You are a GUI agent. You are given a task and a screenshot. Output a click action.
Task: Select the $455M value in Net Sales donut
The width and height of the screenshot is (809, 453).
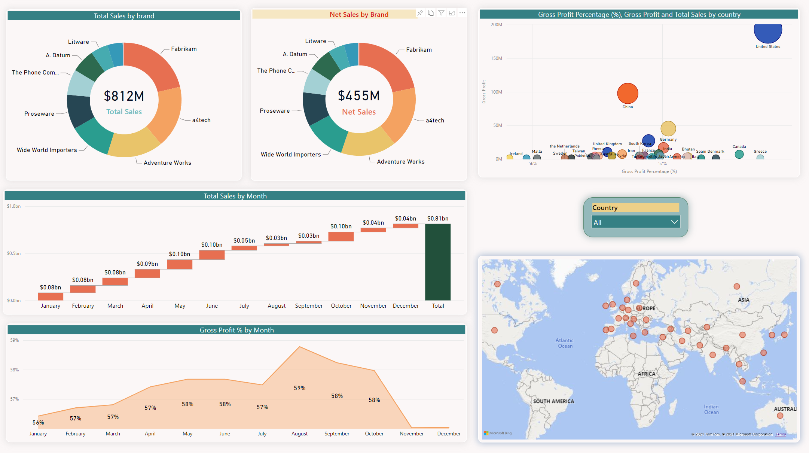[359, 96]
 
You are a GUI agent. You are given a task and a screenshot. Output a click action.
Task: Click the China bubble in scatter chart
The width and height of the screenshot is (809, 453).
[628, 94]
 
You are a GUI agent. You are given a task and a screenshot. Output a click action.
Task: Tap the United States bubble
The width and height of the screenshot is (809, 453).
[768, 32]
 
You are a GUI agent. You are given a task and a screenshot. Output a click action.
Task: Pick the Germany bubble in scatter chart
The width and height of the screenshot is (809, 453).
[668, 129]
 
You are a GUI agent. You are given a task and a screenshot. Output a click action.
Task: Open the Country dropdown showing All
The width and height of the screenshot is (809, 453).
[635, 222]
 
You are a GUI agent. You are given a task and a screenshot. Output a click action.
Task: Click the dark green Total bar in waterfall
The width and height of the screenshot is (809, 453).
[438, 262]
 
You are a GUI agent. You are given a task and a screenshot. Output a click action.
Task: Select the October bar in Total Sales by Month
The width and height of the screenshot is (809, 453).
[341, 236]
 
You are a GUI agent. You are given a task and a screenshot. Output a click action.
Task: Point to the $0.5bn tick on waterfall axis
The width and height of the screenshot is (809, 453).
[14, 253]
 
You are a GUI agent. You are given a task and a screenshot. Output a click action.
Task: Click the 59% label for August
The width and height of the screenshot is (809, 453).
[299, 388]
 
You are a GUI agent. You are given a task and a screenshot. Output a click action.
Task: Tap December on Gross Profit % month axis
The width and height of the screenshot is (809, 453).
[449, 434]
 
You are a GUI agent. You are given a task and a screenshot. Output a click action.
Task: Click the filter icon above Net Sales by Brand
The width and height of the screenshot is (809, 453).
[442, 13]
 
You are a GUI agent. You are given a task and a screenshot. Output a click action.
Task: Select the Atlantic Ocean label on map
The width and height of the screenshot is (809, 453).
[565, 343]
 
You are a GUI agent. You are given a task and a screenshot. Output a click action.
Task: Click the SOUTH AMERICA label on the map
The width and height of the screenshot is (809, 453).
[553, 401]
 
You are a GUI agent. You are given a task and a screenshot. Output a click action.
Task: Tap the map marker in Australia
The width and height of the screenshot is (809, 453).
[780, 416]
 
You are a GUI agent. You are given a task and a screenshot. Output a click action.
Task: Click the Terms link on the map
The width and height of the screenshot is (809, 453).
[781, 434]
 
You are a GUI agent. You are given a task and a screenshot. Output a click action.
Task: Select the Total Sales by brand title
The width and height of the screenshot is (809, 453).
[124, 16]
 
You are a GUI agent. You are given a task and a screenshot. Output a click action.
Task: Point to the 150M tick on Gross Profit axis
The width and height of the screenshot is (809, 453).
[497, 58]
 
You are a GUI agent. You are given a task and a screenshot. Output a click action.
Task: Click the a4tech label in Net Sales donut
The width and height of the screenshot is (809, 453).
[435, 121]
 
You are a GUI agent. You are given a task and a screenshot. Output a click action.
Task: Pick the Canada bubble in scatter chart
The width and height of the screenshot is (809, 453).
[739, 154]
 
